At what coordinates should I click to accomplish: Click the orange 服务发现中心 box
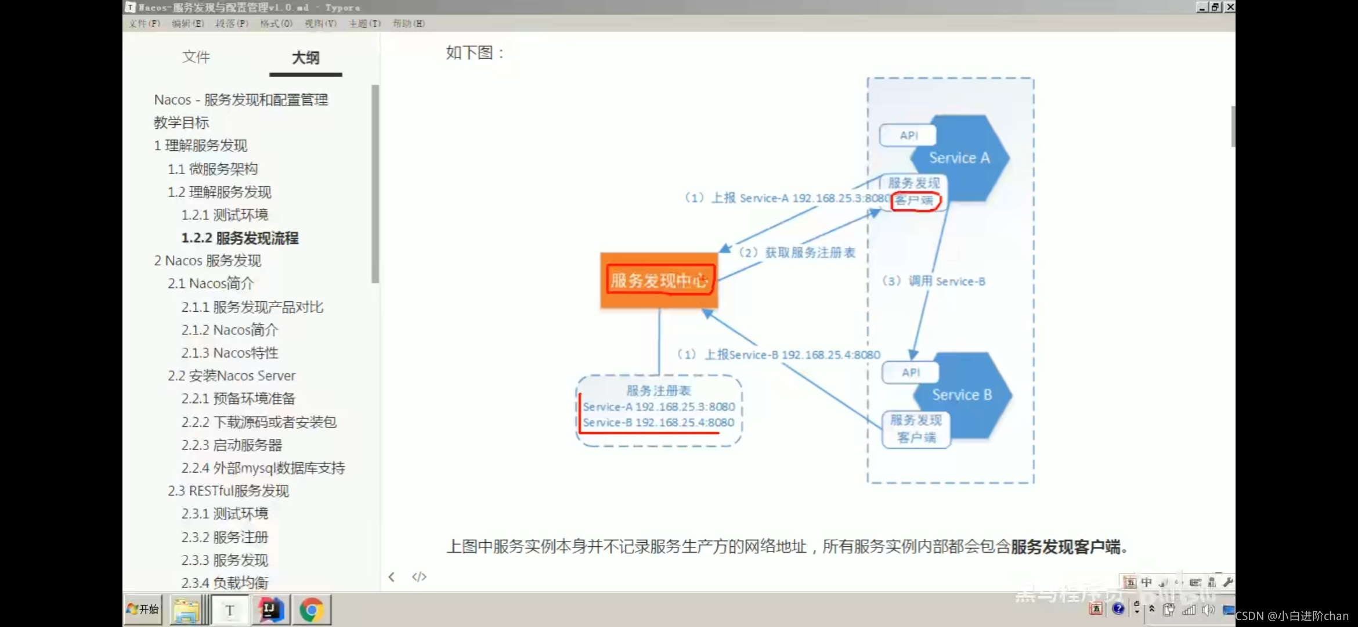[659, 280]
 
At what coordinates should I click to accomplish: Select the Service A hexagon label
[959, 158]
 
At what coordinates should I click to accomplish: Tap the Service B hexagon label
[962, 395]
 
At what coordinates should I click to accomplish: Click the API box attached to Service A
[908, 135]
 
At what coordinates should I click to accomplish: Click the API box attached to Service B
[910, 372]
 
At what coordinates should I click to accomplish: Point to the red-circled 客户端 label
[915, 201]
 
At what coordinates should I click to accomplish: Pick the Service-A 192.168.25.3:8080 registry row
[659, 407]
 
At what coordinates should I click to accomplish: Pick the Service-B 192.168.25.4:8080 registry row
[659, 423]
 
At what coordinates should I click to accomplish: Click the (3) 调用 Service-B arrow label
[934, 282]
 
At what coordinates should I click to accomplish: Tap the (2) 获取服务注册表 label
[797, 253]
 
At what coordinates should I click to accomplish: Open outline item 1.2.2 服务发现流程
[240, 238]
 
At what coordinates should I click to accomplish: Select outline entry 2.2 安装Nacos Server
[232, 376]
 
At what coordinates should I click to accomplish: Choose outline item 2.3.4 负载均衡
[225, 582]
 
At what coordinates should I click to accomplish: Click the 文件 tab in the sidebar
[196, 57]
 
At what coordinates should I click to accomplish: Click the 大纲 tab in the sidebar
[305, 57]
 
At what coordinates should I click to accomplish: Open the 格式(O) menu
[276, 23]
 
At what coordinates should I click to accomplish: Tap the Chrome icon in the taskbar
[312, 610]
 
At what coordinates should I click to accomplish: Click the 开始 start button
[143, 609]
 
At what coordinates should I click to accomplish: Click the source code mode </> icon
[419, 576]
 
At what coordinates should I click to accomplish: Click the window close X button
[1229, 7]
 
